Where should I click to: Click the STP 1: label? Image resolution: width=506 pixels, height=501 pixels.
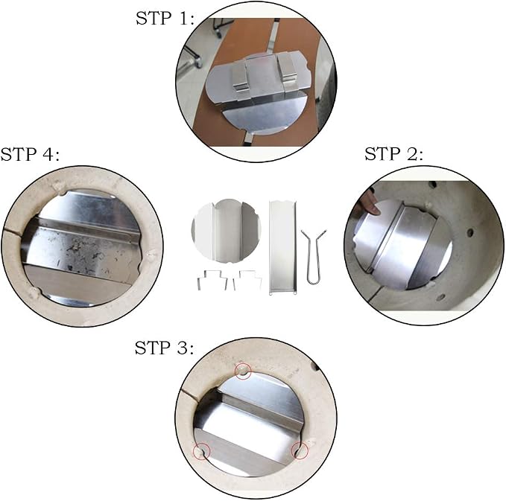coord(165,19)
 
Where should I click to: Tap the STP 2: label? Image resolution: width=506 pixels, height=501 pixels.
coord(393,154)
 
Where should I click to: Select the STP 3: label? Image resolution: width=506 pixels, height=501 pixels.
coord(164,348)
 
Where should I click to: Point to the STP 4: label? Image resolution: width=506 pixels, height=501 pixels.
coord(30,154)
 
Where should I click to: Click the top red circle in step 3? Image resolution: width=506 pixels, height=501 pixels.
coord(243,371)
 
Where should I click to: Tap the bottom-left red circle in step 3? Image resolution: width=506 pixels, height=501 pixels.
coord(201,451)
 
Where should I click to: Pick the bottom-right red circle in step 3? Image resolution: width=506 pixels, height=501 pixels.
coord(300,450)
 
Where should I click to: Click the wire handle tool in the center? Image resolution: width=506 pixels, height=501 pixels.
coord(313,257)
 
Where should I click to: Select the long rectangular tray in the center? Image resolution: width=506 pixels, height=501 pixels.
coord(282,247)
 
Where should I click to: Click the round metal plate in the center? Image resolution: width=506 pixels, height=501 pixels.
coord(226,231)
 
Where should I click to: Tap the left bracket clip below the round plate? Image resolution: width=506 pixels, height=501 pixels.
coord(211,279)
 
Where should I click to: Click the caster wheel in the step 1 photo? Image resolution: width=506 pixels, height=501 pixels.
coord(196,60)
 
